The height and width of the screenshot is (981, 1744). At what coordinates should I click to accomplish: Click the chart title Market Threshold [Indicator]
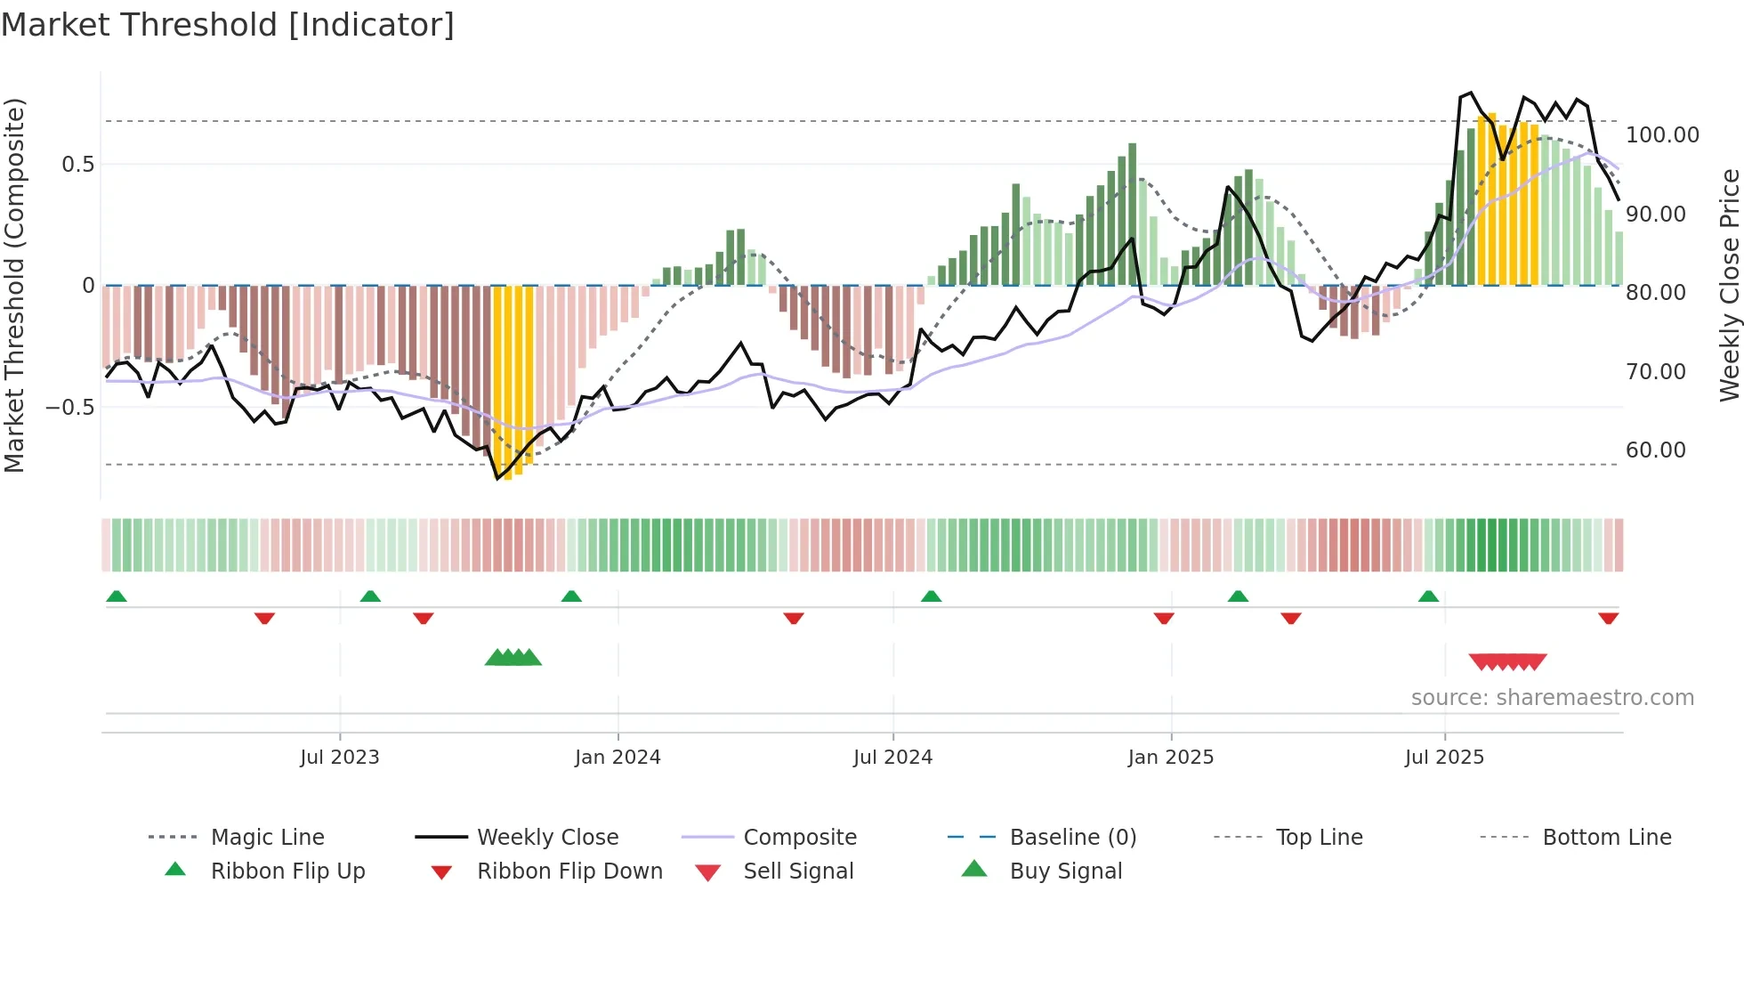[x=228, y=25]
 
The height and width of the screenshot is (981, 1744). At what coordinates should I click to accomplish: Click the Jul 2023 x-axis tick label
[x=340, y=758]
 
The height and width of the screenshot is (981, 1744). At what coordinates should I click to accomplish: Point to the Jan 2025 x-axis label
[x=1170, y=758]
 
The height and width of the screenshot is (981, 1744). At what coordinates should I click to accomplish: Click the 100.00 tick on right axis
[x=1662, y=135]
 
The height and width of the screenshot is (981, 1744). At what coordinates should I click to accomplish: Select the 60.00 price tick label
[x=1655, y=450]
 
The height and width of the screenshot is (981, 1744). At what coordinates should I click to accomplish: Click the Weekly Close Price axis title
[x=1729, y=285]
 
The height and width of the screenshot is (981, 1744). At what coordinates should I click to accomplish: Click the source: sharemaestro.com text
[x=1552, y=698]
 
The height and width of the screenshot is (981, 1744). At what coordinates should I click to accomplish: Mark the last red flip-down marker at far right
[x=1608, y=618]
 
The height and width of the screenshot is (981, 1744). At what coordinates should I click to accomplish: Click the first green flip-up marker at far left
[x=117, y=596]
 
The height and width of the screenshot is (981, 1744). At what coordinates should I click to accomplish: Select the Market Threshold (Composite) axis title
[x=15, y=285]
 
